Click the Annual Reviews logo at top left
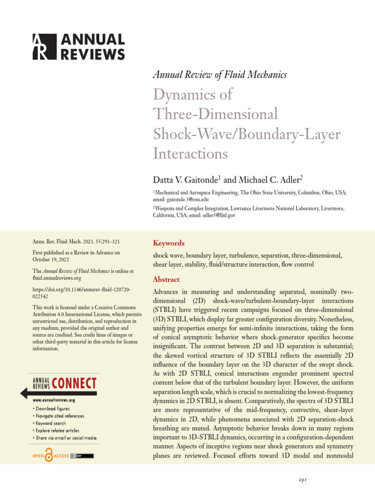coord(78,47)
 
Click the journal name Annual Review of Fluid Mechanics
coord(220,75)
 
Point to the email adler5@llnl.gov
coord(201,215)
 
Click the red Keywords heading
coord(168,243)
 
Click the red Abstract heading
coord(166,279)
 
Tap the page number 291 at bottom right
coord(303,480)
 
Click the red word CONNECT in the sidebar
coord(74,383)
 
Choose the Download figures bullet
coord(53,408)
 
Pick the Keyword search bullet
coord(51,423)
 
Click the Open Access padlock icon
coord(49,456)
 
